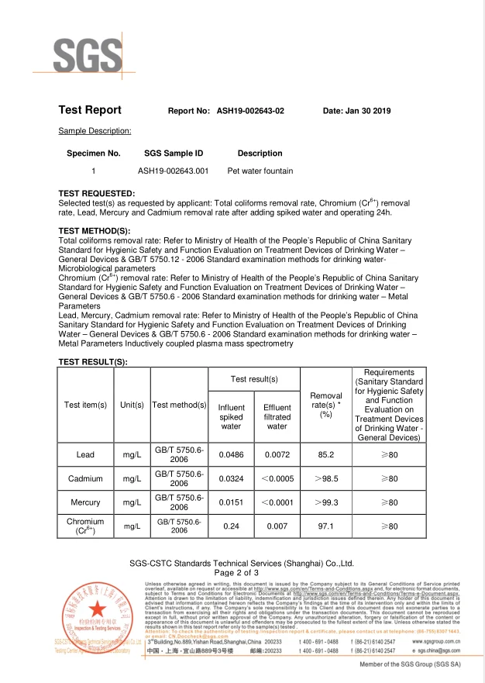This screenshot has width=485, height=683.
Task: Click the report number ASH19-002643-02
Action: tap(250, 111)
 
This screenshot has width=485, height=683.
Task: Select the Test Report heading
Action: tap(90, 110)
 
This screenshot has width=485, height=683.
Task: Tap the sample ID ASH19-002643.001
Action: tap(174, 171)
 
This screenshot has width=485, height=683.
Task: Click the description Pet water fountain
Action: tap(260, 171)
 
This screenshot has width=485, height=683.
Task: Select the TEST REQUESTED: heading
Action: tap(97, 193)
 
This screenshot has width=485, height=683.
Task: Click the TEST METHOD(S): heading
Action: tap(95, 231)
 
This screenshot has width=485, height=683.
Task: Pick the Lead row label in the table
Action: tap(86, 454)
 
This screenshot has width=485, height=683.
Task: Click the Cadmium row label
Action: tap(86, 478)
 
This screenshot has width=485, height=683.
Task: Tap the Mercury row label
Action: tap(86, 502)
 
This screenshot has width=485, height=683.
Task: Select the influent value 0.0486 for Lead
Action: tap(231, 454)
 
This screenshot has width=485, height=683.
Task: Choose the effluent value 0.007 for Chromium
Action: tap(277, 526)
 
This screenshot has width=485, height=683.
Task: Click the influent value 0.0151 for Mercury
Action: tap(231, 502)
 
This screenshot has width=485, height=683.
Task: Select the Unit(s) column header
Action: tap(132, 405)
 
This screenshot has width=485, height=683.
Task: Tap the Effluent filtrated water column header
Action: tap(277, 416)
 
